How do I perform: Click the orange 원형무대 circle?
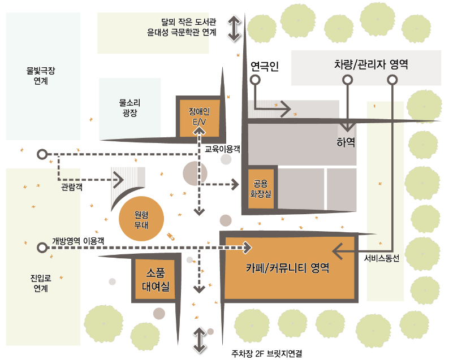pyautogui.click(x=141, y=218)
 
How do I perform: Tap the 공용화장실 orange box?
pyautogui.click(x=261, y=188)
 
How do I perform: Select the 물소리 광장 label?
pyautogui.click(x=129, y=107)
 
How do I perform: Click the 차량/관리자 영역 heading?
pyautogui.click(x=371, y=64)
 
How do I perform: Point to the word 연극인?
pyautogui.click(x=265, y=67)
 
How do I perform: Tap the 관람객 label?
pyautogui.click(x=72, y=186)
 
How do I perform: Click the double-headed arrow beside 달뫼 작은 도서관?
pyautogui.click(x=235, y=28)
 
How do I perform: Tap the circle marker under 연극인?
pyautogui.click(x=255, y=80)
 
